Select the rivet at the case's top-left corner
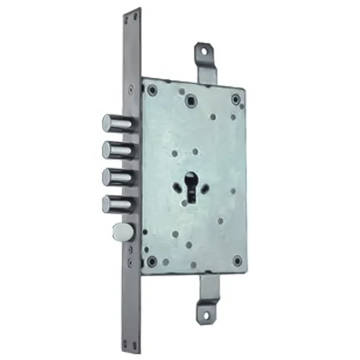pos(153,90)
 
